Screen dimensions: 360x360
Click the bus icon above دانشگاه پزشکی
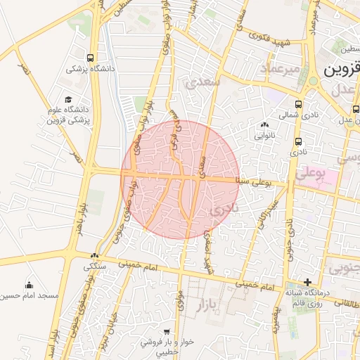coord(91,58)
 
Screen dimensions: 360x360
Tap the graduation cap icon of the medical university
coord(68,99)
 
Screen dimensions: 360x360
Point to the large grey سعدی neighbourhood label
coord(202,82)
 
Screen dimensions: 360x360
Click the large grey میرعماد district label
coord(261,68)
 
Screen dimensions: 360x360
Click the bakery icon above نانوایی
coord(264,124)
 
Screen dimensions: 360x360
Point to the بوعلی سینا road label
coord(262,182)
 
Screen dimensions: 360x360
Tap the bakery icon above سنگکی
coord(95,256)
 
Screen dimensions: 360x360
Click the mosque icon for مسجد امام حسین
coord(29,285)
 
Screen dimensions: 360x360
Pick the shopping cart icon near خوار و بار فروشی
coord(167,331)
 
